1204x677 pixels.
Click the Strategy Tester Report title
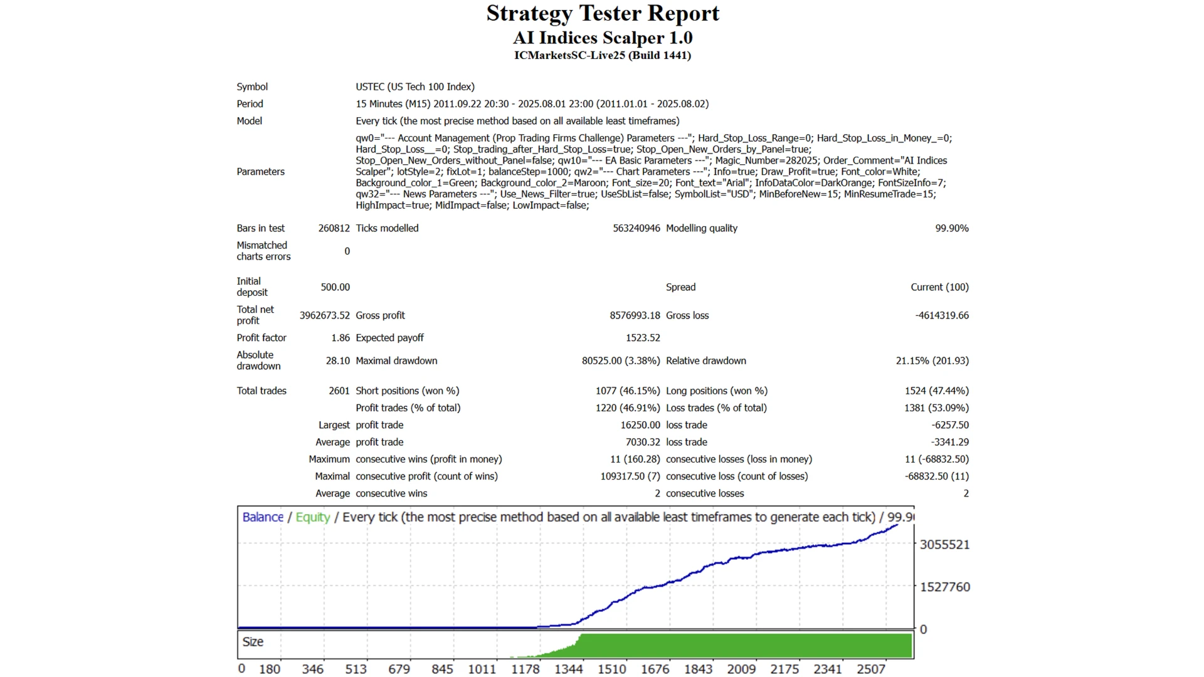pos(603,14)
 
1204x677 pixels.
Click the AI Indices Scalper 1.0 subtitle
pos(603,38)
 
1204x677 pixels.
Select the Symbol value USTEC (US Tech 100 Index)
pos(415,87)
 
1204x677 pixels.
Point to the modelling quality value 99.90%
pos(951,228)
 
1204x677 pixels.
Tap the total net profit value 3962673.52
pos(324,315)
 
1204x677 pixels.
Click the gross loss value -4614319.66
pos(941,315)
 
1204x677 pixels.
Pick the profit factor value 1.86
pos(341,338)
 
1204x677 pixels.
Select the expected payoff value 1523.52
pos(643,338)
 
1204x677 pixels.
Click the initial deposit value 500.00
pos(335,287)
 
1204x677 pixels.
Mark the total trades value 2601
pos(339,391)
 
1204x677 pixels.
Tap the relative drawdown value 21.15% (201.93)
pos(932,360)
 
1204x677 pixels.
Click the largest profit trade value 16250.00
pos(640,425)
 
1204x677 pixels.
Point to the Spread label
pos(680,287)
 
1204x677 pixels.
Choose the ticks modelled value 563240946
pos(636,228)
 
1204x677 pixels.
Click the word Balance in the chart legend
pos(263,517)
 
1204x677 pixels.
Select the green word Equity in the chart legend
pos(312,517)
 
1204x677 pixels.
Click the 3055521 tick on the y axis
pos(944,545)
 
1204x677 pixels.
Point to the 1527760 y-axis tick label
pos(944,587)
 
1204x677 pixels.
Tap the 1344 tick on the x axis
pos(568,669)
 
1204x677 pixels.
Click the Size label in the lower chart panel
pos(253,642)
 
